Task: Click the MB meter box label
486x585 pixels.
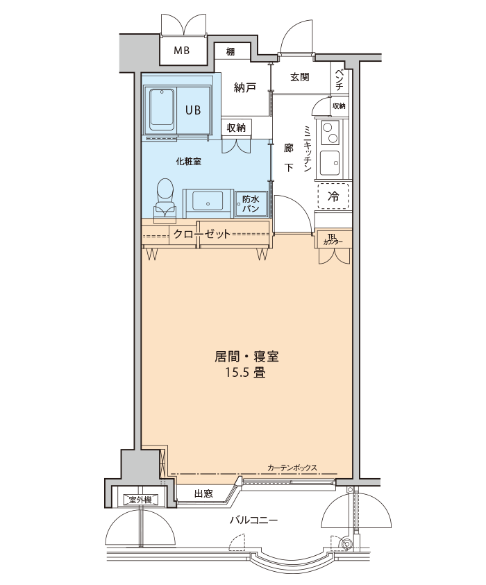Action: tap(182, 51)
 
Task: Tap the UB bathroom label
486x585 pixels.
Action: tap(193, 110)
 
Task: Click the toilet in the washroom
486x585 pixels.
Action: tap(165, 198)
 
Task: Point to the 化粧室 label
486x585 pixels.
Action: tap(189, 162)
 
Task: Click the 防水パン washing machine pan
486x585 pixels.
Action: tap(251, 203)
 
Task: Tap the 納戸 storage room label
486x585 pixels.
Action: tap(245, 88)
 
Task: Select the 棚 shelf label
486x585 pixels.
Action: tap(231, 52)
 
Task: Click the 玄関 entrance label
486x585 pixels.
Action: tap(300, 77)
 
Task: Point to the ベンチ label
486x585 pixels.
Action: tap(340, 80)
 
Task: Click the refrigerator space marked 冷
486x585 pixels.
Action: tap(333, 196)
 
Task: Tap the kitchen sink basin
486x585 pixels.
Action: tap(330, 163)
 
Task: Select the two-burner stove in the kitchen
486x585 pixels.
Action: tap(330, 133)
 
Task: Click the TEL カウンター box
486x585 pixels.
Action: tap(333, 239)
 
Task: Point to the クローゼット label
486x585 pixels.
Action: tap(202, 235)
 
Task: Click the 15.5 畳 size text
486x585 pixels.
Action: tap(245, 373)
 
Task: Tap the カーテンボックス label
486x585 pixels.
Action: tap(292, 468)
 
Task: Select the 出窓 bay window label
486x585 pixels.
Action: tap(203, 494)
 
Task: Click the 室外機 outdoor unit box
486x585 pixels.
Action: tap(140, 500)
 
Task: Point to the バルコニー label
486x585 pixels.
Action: tap(254, 520)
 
